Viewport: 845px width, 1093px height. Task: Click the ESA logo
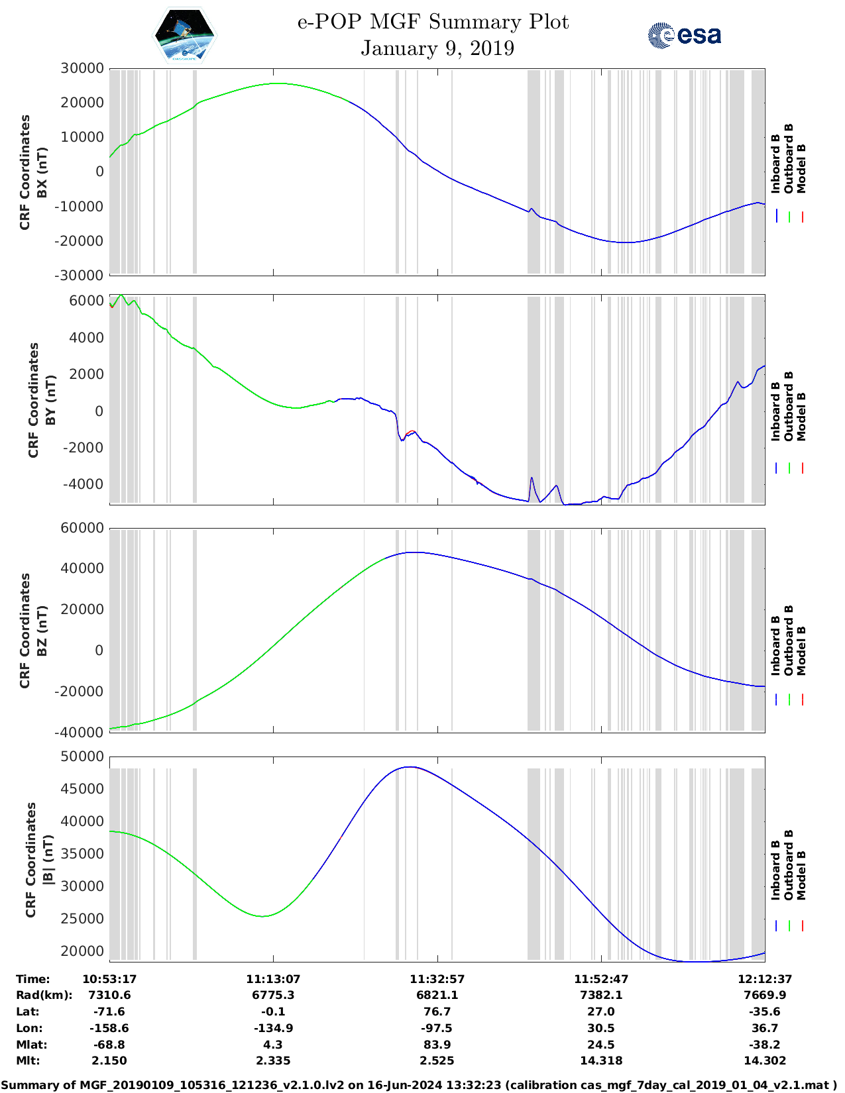(684, 35)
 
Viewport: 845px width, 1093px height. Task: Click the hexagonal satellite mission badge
(185, 35)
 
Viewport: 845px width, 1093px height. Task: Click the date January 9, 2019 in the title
(437, 48)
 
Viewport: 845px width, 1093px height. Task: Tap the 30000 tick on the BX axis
(82, 68)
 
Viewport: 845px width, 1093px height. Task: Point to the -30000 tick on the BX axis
(80, 275)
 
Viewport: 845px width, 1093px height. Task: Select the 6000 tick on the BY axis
(87, 301)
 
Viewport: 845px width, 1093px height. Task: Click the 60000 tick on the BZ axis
(82, 528)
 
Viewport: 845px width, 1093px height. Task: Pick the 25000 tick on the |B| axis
(82, 919)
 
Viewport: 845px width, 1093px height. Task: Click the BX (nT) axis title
(42, 172)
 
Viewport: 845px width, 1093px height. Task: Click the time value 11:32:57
(437, 979)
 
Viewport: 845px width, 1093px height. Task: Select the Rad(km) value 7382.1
(601, 995)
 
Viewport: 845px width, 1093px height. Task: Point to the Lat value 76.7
(437, 1012)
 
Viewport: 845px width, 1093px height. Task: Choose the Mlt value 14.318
(601, 1061)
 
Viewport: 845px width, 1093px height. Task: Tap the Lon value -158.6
(109, 1028)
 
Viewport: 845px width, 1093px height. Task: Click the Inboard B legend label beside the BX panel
(775, 164)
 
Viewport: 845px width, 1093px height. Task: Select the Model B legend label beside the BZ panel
(802, 651)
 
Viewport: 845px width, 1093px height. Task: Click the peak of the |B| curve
(411, 767)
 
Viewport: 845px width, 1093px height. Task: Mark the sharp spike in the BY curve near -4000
(532, 478)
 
